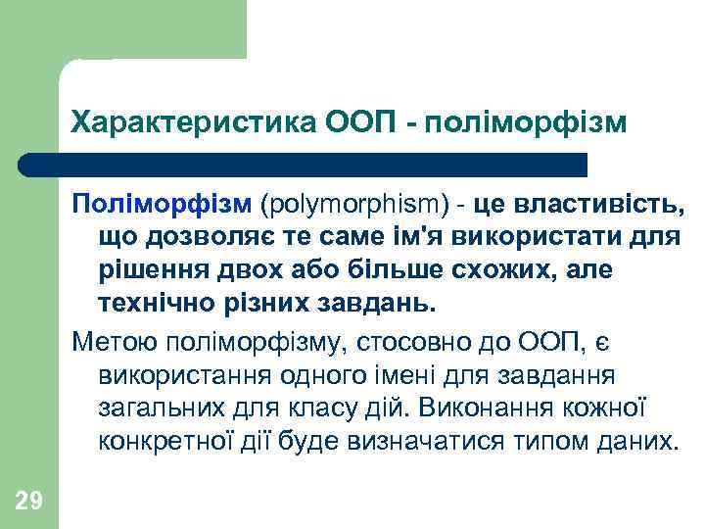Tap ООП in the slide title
tap(355, 124)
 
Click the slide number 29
tap(28, 503)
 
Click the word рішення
tap(155, 269)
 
